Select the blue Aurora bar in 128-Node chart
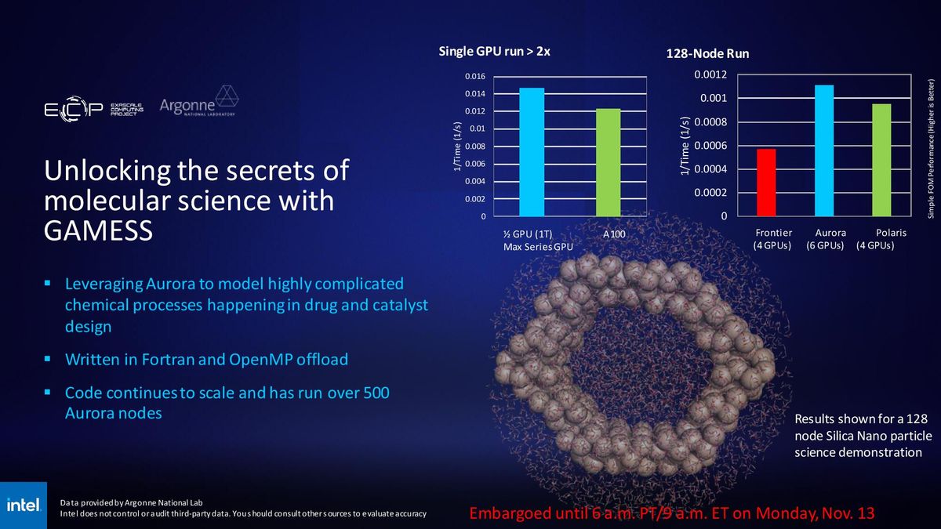pos(823,150)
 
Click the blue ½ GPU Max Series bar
pos(532,152)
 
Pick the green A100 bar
pos(608,162)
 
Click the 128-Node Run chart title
pos(707,54)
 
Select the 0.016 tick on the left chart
pos(475,77)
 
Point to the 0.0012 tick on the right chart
pos(710,75)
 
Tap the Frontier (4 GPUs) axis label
pos(773,240)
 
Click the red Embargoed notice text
pos(671,513)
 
